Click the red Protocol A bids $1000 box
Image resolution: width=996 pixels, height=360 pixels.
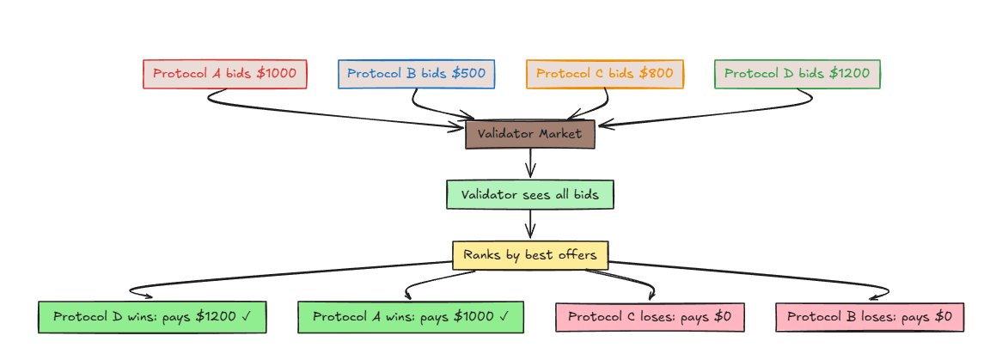pyautogui.click(x=224, y=74)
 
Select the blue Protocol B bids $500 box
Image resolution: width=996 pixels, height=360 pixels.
pyautogui.click(x=416, y=74)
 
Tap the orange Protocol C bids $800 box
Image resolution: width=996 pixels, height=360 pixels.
pyautogui.click(x=604, y=74)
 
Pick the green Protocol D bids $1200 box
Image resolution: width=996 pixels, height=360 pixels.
pyautogui.click(x=797, y=74)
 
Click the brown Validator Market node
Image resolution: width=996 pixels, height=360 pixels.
pyautogui.click(x=529, y=134)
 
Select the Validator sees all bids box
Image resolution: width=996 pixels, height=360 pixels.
pyautogui.click(x=529, y=194)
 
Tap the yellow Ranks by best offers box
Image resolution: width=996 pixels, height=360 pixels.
pyautogui.click(x=529, y=255)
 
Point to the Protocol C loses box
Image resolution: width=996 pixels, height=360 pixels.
pyautogui.click(x=649, y=317)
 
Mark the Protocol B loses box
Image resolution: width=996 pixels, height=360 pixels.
pyautogui.click(x=869, y=317)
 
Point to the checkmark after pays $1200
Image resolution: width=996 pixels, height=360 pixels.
pyautogui.click(x=247, y=317)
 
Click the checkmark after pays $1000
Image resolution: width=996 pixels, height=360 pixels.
pyautogui.click(x=505, y=317)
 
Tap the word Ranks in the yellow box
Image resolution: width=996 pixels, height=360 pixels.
pyautogui.click(x=481, y=255)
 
